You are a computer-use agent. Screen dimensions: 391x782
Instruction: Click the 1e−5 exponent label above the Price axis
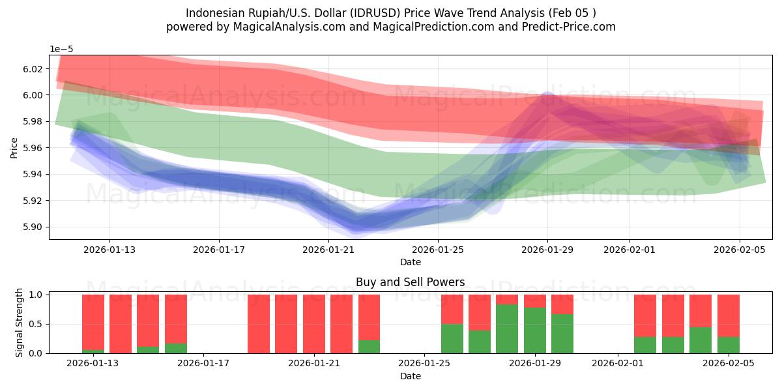(62, 50)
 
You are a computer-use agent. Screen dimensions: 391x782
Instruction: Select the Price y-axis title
(14, 147)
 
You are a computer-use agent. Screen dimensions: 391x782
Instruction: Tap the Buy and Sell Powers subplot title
(410, 282)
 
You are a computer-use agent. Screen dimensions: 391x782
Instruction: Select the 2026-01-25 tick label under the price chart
(437, 249)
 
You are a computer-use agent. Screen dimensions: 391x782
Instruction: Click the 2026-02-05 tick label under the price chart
(739, 249)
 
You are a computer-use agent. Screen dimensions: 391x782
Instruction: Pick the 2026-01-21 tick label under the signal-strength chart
(315, 363)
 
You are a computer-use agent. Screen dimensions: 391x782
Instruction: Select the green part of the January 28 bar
(507, 329)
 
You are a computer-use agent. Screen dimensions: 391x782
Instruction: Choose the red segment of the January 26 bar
(452, 309)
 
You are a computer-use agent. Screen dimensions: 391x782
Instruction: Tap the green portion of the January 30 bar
(562, 334)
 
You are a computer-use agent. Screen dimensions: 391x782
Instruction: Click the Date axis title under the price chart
(410, 262)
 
